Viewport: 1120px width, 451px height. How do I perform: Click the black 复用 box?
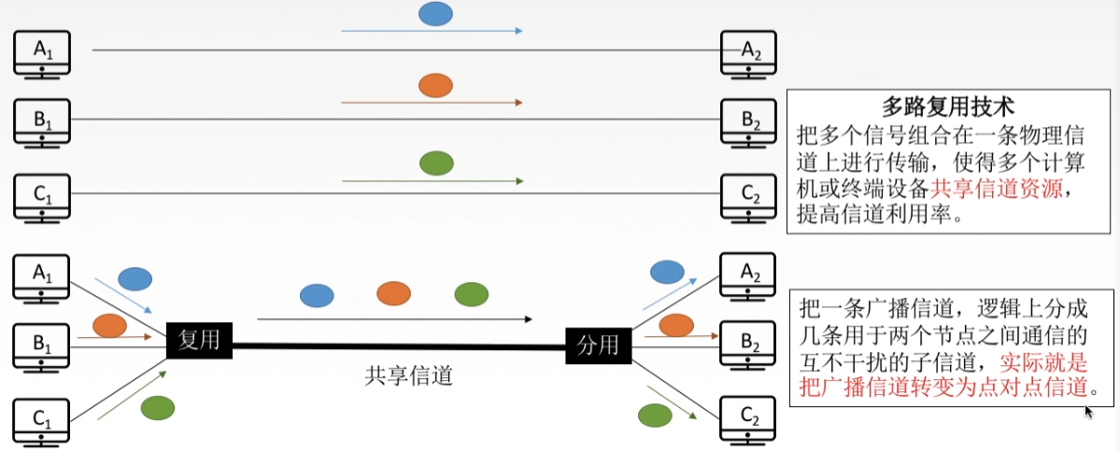point(199,340)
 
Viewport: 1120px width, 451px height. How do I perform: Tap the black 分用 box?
point(598,345)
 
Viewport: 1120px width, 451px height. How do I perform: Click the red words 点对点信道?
point(1036,386)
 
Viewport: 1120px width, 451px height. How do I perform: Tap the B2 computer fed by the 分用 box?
point(749,344)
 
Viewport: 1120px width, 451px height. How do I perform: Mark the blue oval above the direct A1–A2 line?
point(435,13)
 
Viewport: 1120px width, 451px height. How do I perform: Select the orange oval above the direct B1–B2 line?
point(435,86)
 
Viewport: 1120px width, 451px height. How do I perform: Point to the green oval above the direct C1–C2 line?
point(436,162)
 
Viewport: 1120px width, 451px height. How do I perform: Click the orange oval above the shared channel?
point(394,294)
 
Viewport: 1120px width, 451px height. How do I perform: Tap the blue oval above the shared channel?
point(317,296)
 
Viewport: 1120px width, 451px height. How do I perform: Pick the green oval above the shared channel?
point(471,294)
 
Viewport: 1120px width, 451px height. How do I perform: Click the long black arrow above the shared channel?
point(394,319)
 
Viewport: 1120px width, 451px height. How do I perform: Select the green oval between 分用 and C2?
point(655,414)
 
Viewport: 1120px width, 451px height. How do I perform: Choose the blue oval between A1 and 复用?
point(135,278)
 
